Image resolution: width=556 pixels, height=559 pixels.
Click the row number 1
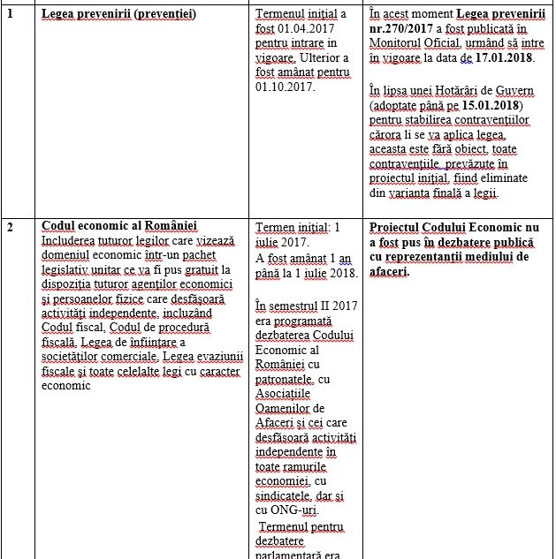(10, 14)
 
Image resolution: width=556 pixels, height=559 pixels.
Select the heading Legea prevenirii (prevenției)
(118, 14)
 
